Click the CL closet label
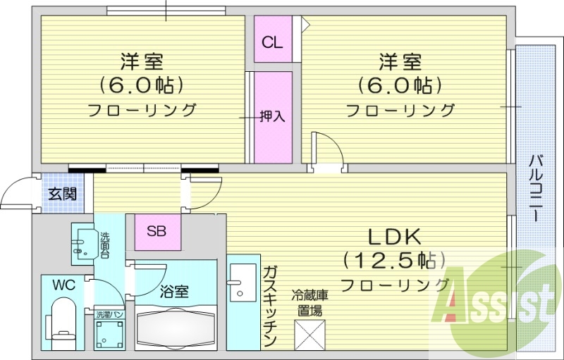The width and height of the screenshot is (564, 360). coord(272,42)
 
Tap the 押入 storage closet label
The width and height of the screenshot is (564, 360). coord(272,116)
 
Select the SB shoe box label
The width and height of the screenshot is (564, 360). coord(157,230)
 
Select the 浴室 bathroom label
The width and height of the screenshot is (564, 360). coord(174,290)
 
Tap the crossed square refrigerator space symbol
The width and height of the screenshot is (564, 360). coord(311,334)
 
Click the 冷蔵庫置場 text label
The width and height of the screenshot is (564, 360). coord(310,303)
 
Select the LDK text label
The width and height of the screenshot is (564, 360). coord(392,235)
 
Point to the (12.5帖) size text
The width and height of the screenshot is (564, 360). coord(395,260)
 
